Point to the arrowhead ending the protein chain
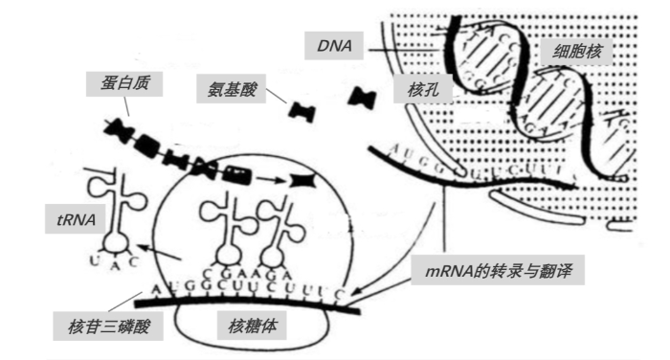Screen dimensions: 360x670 click(304, 179)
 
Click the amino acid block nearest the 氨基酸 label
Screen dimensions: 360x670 click(303, 111)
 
